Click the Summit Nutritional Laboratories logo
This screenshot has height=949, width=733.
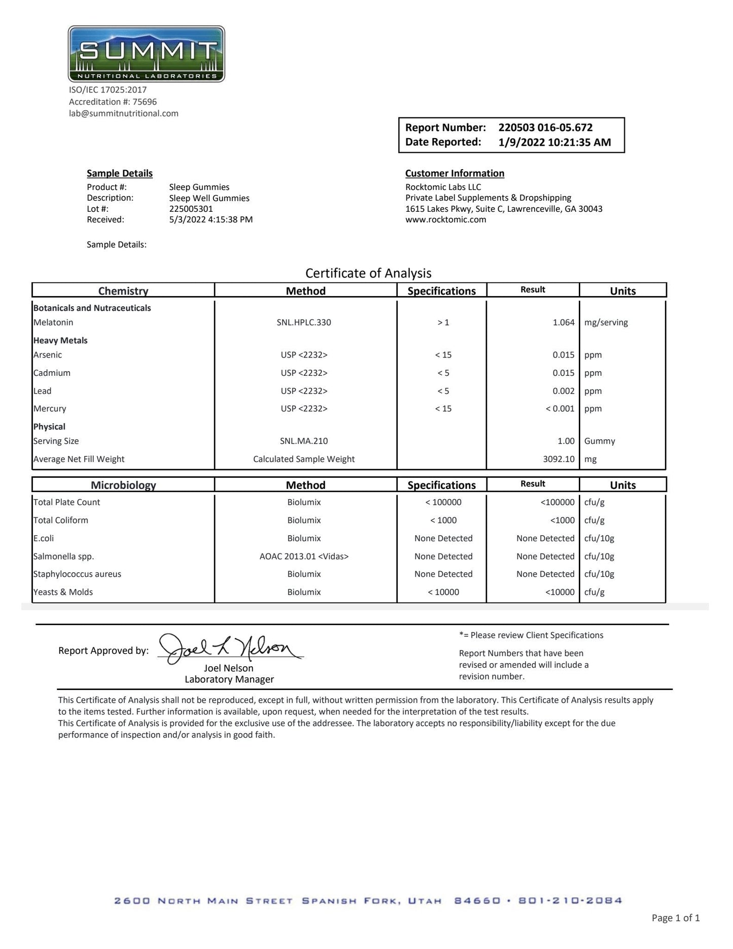pyautogui.click(x=146, y=54)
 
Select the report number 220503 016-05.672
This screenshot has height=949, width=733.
pyautogui.click(x=545, y=127)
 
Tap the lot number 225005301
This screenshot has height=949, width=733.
pyautogui.click(x=191, y=209)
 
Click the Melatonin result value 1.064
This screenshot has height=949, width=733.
pyautogui.click(x=564, y=322)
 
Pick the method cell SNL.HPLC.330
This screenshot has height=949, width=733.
pyautogui.click(x=304, y=322)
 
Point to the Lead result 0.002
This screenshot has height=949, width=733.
pyautogui.click(x=564, y=391)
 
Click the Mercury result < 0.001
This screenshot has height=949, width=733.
pyautogui.click(x=560, y=409)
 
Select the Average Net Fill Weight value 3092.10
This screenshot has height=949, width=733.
pyautogui.click(x=559, y=459)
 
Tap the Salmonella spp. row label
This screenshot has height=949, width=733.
pyautogui.click(x=63, y=557)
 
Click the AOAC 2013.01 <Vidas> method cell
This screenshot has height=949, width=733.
pyautogui.click(x=304, y=557)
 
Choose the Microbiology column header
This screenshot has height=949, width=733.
pyautogui.click(x=123, y=485)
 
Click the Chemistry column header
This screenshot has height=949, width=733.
pyautogui.click(x=123, y=291)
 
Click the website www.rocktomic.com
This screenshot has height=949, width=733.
pyautogui.click(x=445, y=220)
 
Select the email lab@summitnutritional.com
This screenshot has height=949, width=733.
pyautogui.click(x=124, y=113)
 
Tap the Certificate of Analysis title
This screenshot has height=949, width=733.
pyautogui.click(x=368, y=273)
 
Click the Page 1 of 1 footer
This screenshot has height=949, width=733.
pyautogui.click(x=675, y=918)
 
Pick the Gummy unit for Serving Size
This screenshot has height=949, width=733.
pyautogui.click(x=599, y=441)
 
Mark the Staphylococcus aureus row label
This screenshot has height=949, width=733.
pyautogui.click(x=77, y=574)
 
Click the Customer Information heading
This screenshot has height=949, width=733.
pyautogui.click(x=455, y=173)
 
